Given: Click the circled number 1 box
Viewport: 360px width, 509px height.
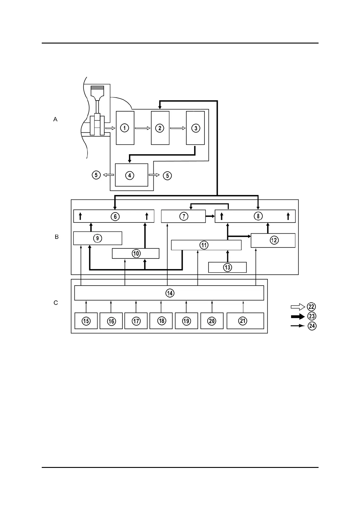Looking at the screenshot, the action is [x=125, y=128].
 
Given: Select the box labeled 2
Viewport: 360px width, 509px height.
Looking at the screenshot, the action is [x=160, y=128].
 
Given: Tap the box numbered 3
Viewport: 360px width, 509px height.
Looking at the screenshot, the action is [x=195, y=128].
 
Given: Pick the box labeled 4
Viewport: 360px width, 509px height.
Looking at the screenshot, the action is [x=132, y=175].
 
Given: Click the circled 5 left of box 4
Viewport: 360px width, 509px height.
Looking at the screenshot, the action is [x=96, y=175].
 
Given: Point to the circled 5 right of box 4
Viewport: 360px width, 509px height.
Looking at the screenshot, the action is [x=167, y=176].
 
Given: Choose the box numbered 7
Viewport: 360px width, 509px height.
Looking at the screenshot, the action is [x=183, y=216].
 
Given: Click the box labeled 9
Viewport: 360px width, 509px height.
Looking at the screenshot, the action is [x=97, y=238].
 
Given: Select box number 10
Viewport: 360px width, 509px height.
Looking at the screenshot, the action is [x=136, y=253].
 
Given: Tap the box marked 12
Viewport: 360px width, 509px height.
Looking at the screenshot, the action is [x=273, y=240].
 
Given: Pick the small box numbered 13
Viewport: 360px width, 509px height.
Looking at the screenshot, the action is [x=227, y=267].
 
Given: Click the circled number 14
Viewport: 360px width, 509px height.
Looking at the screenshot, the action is [x=170, y=293].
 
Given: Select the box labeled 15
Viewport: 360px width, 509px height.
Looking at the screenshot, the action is [x=86, y=321].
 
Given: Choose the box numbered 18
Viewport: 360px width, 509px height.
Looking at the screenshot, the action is [x=162, y=321].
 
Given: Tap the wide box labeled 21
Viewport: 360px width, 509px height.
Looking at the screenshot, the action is [x=245, y=321].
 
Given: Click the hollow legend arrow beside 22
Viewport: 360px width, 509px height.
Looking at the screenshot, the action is [x=297, y=307].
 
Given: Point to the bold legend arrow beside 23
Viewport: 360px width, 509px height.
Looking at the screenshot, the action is [x=297, y=316].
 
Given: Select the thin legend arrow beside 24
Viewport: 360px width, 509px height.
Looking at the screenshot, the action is [x=297, y=326].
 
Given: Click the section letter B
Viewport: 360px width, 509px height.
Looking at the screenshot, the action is [x=57, y=237].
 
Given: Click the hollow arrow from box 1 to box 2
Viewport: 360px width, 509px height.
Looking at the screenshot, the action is [x=142, y=128].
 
